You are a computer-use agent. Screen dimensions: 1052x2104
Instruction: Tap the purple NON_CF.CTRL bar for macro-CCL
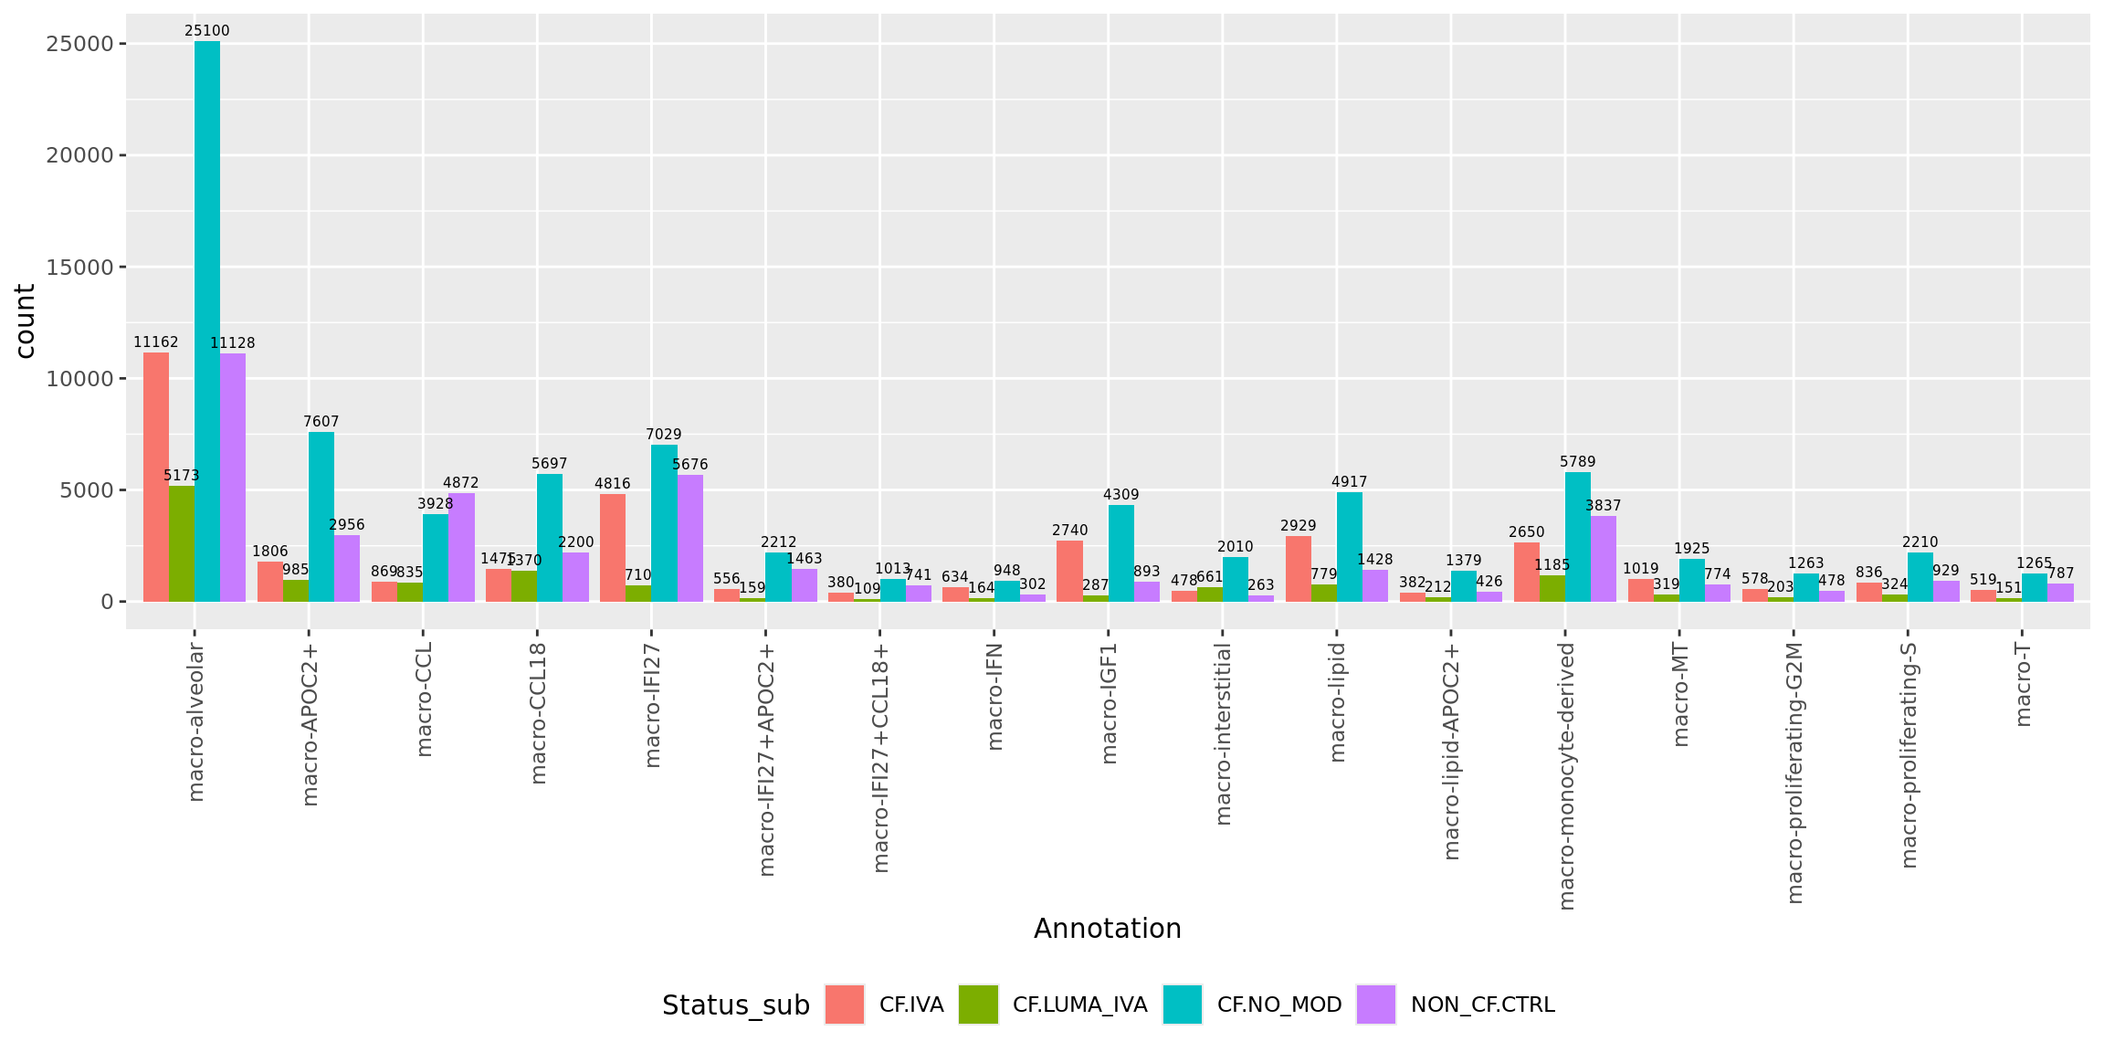point(461,547)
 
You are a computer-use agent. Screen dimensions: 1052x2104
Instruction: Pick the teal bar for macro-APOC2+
point(321,517)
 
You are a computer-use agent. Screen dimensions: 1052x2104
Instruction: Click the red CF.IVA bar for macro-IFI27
point(613,548)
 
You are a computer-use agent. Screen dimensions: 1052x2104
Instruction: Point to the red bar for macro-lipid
point(1298,569)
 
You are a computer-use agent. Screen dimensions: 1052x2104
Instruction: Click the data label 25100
point(207,31)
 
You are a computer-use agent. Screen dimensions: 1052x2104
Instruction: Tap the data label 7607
point(321,422)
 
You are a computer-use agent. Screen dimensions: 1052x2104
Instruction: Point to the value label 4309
point(1121,495)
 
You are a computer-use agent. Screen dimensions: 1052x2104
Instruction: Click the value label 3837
point(1604,506)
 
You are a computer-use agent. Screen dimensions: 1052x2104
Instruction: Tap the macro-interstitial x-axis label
point(1224,733)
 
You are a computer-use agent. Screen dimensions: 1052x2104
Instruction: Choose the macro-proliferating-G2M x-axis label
point(1794,773)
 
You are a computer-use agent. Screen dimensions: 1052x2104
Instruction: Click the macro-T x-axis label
point(2023,684)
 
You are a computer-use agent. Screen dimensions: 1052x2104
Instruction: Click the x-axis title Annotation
point(1107,929)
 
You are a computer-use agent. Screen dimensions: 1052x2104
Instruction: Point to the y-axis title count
point(25,321)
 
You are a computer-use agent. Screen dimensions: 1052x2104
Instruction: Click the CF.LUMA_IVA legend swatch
point(978,1005)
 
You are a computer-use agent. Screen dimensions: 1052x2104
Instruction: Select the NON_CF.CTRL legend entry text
point(1482,1005)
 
